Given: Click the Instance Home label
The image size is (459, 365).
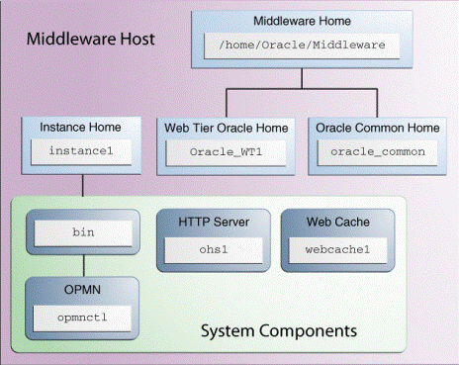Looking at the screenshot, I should coord(80,128).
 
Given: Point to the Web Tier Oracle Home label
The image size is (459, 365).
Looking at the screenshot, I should coord(228,128).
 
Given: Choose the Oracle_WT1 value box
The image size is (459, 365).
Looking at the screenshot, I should coord(227,152).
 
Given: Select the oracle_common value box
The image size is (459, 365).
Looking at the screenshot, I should coord(377,152).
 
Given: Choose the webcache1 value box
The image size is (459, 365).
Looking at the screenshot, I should coord(337,247).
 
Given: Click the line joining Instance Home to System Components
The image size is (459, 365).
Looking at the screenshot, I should coord(82,185).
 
